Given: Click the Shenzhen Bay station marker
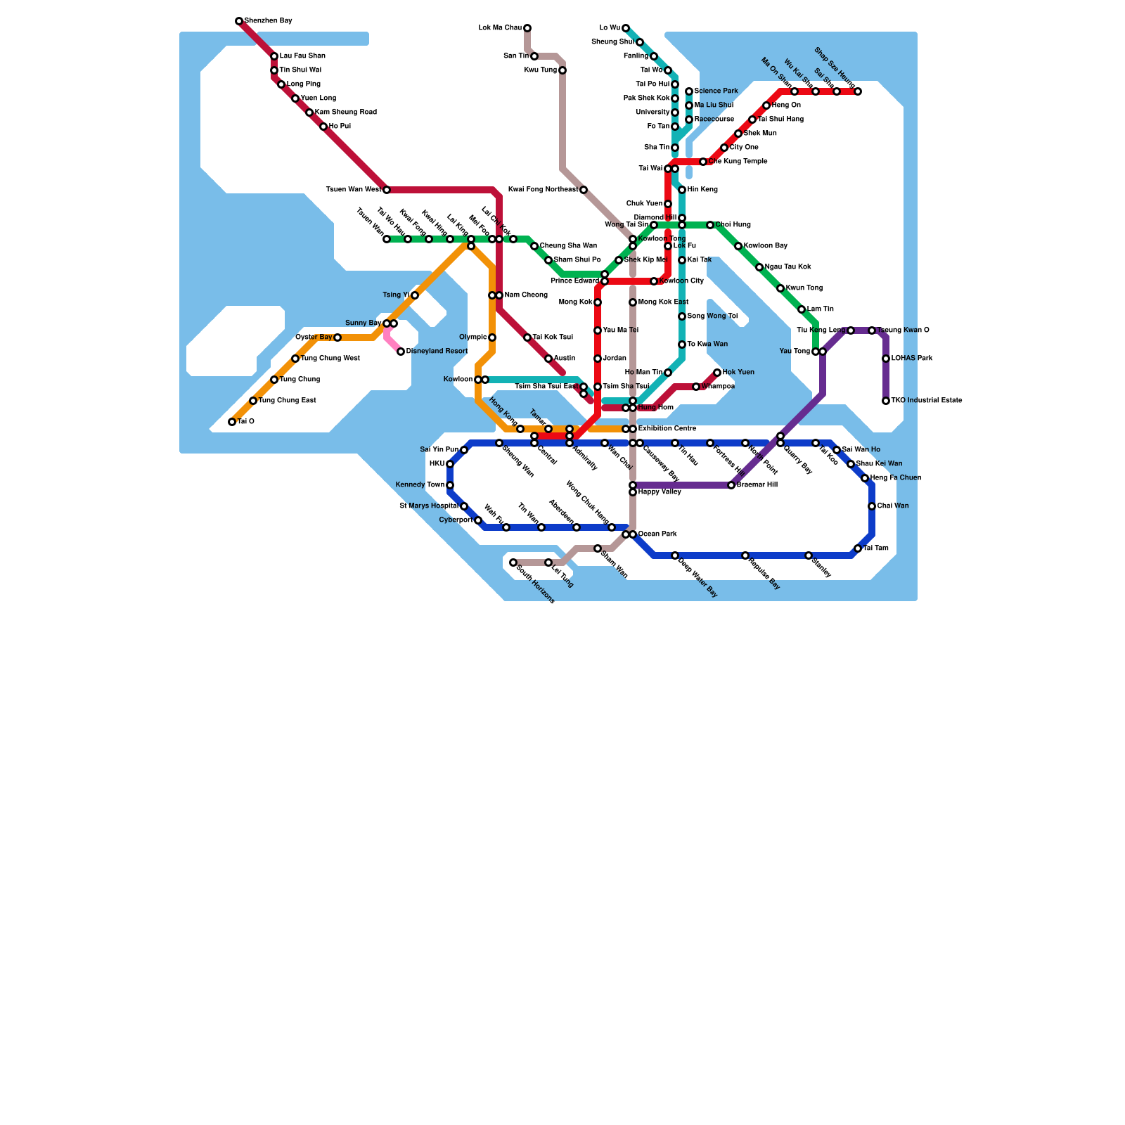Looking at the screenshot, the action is click(239, 21).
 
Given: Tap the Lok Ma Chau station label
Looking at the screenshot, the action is click(500, 28).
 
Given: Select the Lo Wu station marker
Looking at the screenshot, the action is click(626, 28).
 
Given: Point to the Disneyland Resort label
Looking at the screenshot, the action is click(437, 352).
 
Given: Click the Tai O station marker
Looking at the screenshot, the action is click(232, 422).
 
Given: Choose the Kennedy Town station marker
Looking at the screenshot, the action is click(450, 485).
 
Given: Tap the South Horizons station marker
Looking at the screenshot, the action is click(513, 562).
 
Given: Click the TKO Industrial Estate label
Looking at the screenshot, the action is click(926, 401).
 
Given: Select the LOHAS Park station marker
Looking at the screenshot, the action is click(886, 359).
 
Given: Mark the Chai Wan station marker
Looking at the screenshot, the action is click(872, 506).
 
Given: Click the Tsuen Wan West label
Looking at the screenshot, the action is click(354, 190).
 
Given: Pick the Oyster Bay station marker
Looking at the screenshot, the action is click(337, 337).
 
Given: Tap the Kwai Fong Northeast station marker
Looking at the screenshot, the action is click(584, 190).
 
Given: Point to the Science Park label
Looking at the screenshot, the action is click(716, 91).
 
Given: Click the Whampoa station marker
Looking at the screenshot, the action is click(696, 387).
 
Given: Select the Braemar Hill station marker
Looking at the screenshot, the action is click(731, 485).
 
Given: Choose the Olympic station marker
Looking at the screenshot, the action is click(492, 337).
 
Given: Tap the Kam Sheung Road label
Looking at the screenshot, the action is click(345, 112).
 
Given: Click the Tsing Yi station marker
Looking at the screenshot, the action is click(415, 295).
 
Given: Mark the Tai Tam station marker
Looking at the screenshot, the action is click(858, 548).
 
